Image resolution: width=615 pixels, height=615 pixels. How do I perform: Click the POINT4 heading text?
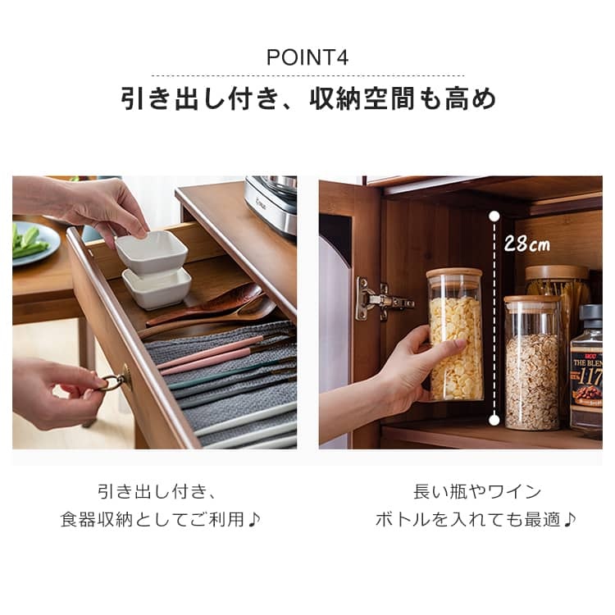(307, 57)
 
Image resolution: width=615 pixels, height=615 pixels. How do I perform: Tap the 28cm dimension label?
(526, 244)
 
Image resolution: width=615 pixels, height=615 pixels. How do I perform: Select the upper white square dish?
(152, 251)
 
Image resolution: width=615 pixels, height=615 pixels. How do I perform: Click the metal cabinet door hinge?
(382, 299)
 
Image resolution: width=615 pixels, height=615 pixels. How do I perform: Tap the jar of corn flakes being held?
(455, 335)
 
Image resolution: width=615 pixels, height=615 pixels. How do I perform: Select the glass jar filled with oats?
(532, 362)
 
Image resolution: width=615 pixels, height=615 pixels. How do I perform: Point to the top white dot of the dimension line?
(494, 216)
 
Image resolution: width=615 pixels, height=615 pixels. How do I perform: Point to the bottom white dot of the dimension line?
(494, 421)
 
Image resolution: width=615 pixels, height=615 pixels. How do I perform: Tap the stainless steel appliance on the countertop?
(271, 205)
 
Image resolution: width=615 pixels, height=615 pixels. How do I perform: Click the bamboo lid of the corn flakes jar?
(454, 273)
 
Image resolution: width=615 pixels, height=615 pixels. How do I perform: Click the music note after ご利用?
(253, 520)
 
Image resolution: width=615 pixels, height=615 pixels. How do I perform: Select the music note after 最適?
(570, 520)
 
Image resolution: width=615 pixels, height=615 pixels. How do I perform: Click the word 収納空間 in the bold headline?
(362, 99)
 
